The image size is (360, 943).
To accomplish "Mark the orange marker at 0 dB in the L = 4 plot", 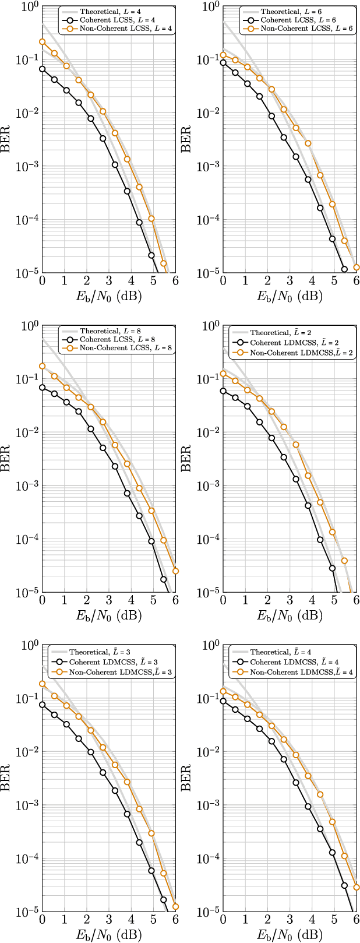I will pos(42,42).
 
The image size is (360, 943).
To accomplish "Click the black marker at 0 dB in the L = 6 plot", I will pos(223,63).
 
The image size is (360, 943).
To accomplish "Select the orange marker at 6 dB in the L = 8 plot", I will pos(175,571).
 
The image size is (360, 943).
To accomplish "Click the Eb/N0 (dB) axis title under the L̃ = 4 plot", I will pos(290,935).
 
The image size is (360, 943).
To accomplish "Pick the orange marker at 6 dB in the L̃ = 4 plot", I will pos(357,887).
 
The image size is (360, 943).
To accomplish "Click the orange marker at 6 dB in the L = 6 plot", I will pos(357,268).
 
